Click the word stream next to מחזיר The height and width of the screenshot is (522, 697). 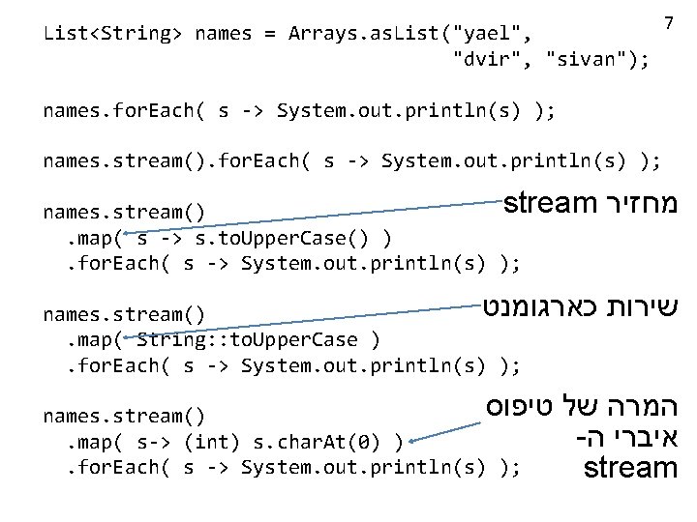[x=550, y=204]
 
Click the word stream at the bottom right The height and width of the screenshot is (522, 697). [x=630, y=470]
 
